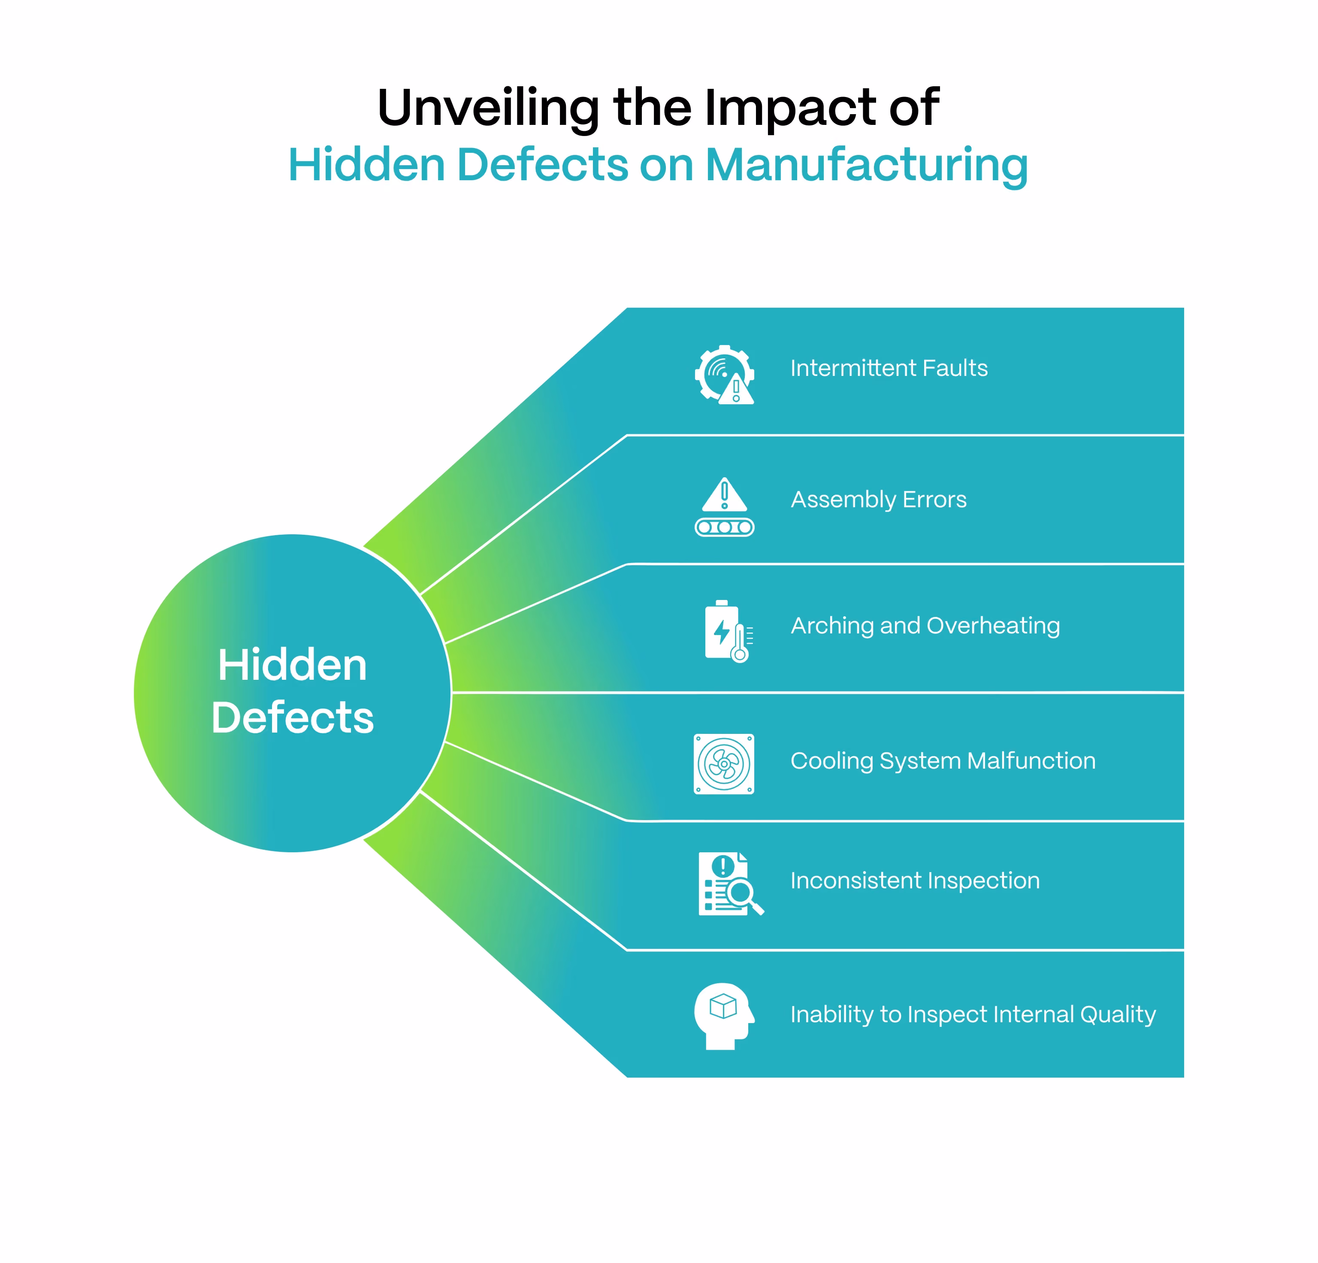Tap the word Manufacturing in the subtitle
point(867,166)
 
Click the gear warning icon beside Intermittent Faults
point(724,375)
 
